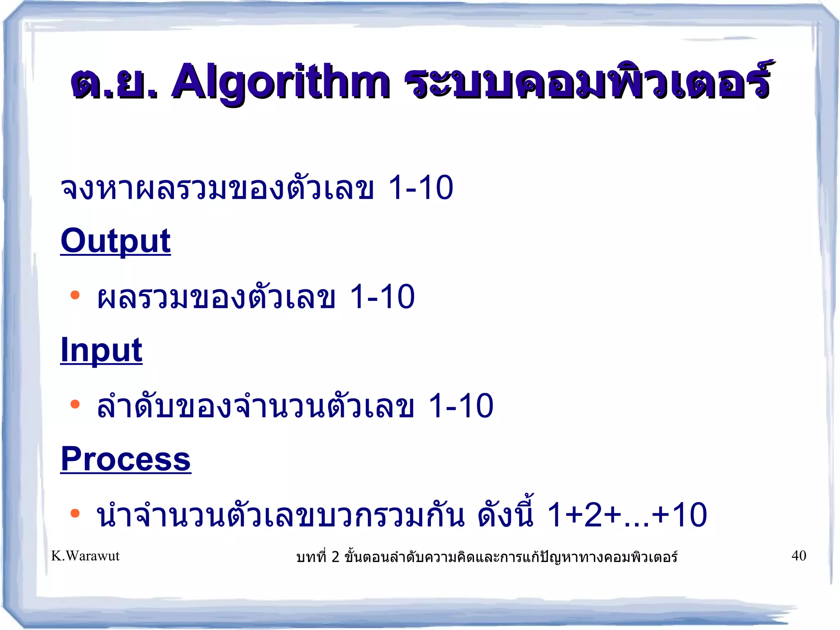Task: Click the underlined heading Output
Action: click(115, 241)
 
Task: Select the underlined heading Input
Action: click(101, 350)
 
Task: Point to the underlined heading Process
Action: click(126, 459)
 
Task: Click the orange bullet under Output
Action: click(75, 295)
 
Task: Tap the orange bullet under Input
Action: click(75, 404)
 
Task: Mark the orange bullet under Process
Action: click(75, 513)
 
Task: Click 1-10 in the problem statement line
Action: click(421, 188)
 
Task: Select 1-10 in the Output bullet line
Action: click(382, 297)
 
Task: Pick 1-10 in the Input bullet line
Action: click(461, 406)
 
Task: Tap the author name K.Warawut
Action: click(85, 556)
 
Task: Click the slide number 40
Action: click(799, 556)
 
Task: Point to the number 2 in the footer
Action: click(335, 557)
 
